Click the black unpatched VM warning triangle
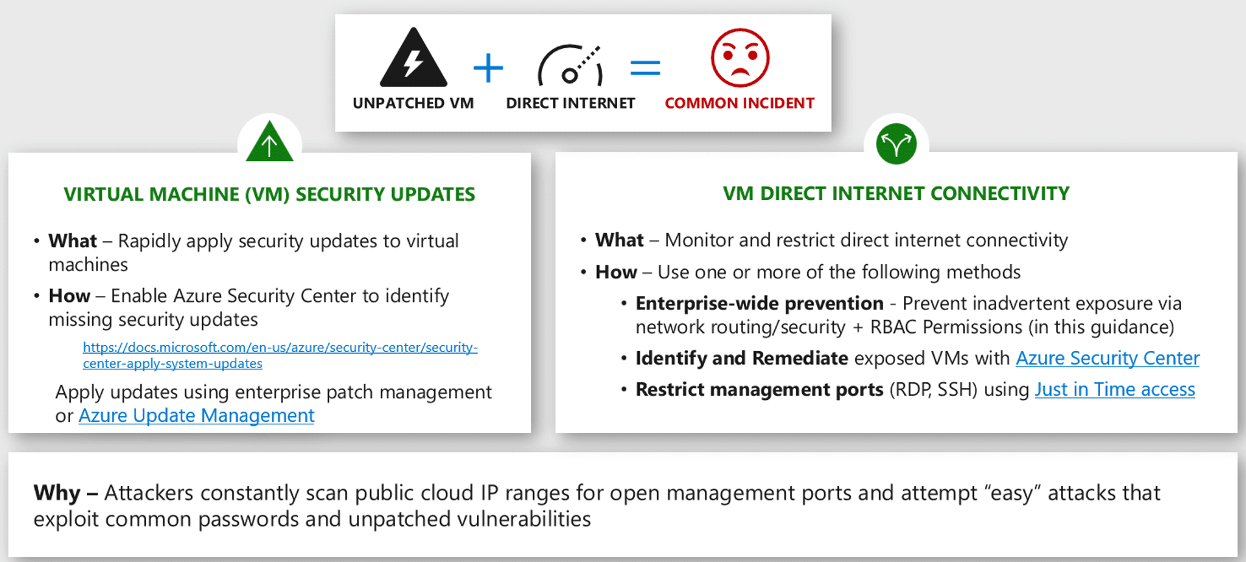coord(413,58)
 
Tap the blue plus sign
coord(488,68)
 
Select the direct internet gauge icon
coord(570,66)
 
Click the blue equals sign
coord(645,67)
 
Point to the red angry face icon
coord(740,58)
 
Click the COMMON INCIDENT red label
coord(739,103)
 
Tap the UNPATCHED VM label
coord(413,103)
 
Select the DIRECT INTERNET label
coord(570,103)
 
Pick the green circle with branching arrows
coord(896,144)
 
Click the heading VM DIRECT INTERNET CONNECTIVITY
coord(896,193)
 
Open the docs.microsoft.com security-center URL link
coord(280,355)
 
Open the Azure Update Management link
coord(196,415)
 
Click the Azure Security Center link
coord(1107,358)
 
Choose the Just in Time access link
coord(1114,389)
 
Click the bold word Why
coord(57,493)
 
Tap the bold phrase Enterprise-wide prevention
coord(759,303)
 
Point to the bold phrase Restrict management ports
coord(759,389)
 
